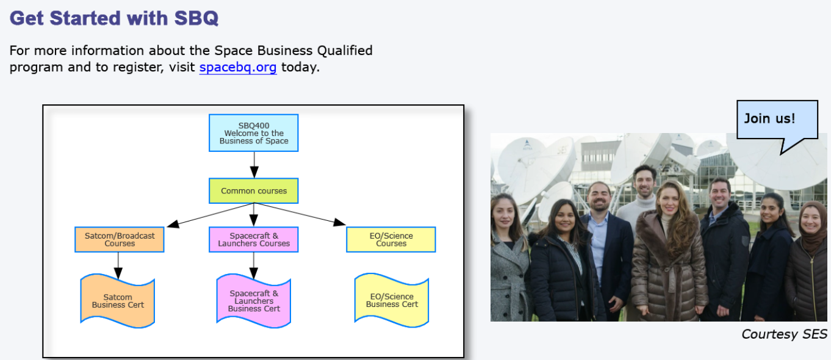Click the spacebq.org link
[x=237, y=67]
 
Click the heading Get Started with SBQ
[x=114, y=18]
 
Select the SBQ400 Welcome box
[x=254, y=133]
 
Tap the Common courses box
[x=254, y=191]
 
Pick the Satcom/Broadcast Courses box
[x=120, y=240]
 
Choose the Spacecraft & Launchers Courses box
[x=254, y=240]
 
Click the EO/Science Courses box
[x=391, y=240]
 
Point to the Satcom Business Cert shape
[x=118, y=301]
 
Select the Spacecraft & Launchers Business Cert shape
[x=254, y=301]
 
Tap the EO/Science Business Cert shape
[x=392, y=300]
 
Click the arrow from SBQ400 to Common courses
[x=254, y=165]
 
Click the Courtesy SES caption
[x=784, y=334]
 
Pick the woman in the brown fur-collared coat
[x=669, y=256]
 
